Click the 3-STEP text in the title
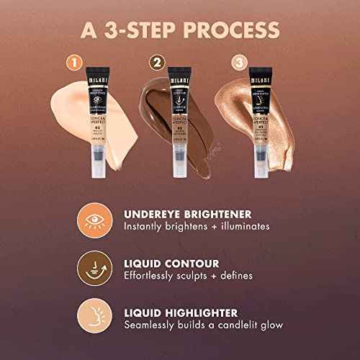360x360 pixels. point(136,31)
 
